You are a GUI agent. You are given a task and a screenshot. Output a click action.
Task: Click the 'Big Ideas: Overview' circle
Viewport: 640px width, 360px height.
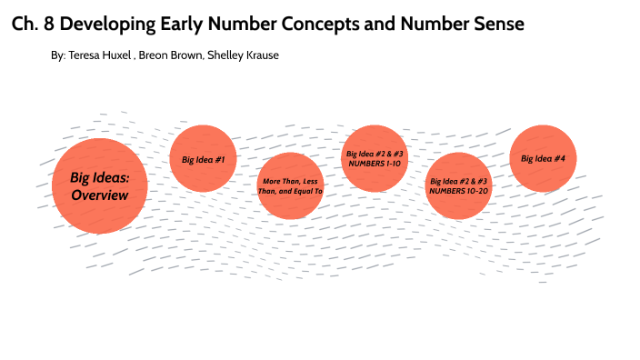pos(100,185)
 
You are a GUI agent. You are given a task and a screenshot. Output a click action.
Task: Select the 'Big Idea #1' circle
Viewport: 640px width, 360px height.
pos(204,159)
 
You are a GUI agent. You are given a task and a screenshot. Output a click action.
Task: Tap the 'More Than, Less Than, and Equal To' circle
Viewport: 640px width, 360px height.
pos(290,186)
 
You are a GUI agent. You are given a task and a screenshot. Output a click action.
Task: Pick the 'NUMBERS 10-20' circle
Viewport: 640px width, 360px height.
pos(459,186)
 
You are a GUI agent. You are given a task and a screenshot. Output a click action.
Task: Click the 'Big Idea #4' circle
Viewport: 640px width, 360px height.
pos(543,158)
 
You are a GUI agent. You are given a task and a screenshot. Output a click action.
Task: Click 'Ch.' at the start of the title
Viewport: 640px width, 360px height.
pos(25,25)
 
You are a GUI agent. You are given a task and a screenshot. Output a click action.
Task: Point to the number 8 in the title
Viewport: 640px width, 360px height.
pos(48,25)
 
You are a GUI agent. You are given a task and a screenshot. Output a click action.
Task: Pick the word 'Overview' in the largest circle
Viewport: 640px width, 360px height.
pos(100,195)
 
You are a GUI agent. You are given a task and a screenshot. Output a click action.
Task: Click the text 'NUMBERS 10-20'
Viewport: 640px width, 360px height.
pos(459,192)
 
